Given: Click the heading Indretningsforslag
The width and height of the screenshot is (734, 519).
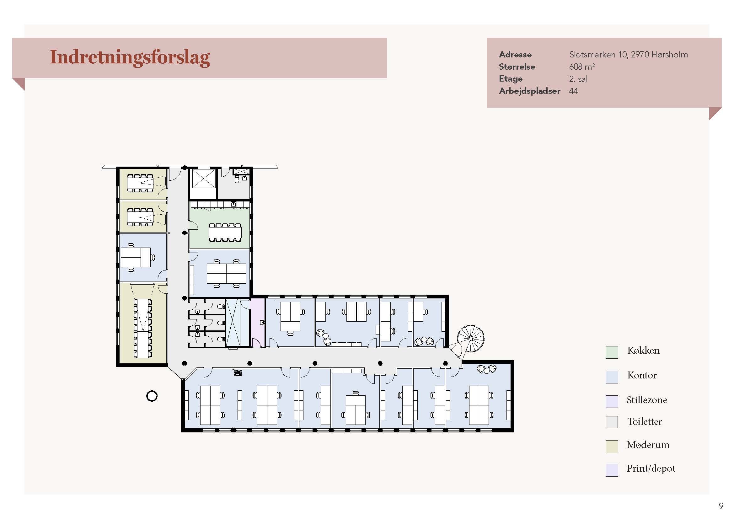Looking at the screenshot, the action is click(x=130, y=57).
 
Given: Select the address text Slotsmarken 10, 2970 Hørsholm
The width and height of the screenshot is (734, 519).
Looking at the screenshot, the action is click(x=628, y=55).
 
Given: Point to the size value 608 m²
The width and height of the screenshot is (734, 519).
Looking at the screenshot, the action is click(x=582, y=67).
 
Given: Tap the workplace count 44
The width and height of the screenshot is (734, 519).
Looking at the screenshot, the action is click(x=574, y=91).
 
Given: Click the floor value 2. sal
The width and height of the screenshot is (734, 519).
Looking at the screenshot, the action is click(x=578, y=79).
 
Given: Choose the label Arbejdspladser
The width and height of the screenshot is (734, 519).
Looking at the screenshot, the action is click(x=529, y=91).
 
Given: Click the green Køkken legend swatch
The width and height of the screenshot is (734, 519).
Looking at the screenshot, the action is click(x=612, y=352).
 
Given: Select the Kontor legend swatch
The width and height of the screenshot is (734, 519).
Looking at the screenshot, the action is click(x=612, y=377).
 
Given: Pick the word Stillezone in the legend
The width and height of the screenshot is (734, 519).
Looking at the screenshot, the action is click(x=647, y=400).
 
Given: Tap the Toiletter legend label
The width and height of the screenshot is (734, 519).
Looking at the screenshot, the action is click(x=645, y=421).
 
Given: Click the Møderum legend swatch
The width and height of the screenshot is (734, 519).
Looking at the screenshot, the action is click(x=612, y=447).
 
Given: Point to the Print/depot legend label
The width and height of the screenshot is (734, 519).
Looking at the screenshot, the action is click(x=651, y=468).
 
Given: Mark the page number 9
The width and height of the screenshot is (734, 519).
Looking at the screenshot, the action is click(x=721, y=506).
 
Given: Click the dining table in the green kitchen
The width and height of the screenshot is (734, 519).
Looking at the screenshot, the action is click(x=225, y=232).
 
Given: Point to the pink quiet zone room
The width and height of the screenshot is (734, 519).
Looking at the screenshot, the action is click(x=257, y=323).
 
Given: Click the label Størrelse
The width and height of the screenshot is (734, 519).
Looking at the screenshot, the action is click(x=517, y=67).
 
